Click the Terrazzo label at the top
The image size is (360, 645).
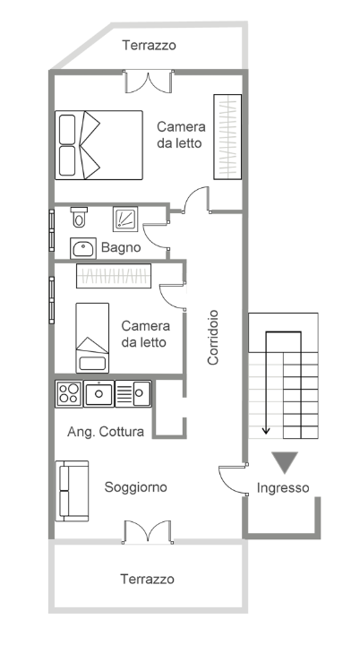[x=150, y=45]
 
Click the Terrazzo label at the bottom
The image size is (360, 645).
[x=148, y=580]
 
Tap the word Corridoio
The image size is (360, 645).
[x=214, y=338]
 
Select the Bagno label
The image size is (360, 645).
[x=121, y=247]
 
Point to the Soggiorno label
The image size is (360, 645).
[x=136, y=487]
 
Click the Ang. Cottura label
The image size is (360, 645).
[x=106, y=432]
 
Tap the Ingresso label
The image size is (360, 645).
[x=283, y=488]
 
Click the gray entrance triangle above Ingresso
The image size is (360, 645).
[x=286, y=461]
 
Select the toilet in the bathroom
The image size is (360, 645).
[x=80, y=217]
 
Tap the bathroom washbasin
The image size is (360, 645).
[x=84, y=248]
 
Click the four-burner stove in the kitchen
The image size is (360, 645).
[x=69, y=392]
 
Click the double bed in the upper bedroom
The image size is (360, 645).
[x=99, y=145]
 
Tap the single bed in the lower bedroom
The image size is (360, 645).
[x=91, y=337]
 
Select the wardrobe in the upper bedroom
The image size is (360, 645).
[x=227, y=135]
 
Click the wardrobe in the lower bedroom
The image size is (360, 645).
[x=115, y=275]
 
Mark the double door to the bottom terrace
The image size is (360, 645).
[x=146, y=530]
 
